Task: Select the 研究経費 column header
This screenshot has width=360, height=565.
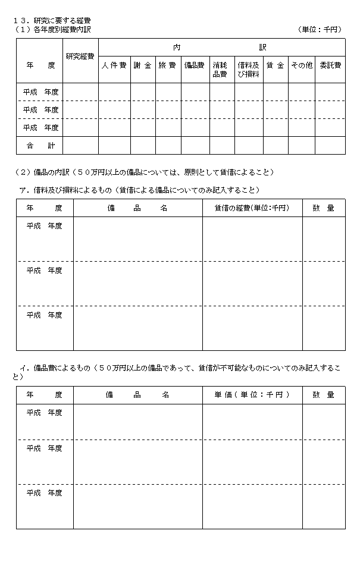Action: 80,56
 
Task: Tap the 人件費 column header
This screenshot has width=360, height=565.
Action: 114,65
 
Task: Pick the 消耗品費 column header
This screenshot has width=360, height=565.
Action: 221,70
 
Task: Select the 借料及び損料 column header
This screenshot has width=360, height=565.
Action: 248,70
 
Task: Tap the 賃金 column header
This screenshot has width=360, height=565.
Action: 276,65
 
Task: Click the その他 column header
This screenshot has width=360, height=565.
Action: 301,65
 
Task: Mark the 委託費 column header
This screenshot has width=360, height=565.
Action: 330,65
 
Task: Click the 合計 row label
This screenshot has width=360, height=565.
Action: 39,146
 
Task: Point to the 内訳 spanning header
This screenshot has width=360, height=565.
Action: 221,46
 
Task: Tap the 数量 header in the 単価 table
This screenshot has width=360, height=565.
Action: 323,394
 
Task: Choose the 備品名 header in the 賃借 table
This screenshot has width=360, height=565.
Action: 137,208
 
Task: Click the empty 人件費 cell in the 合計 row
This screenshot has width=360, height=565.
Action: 114,146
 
